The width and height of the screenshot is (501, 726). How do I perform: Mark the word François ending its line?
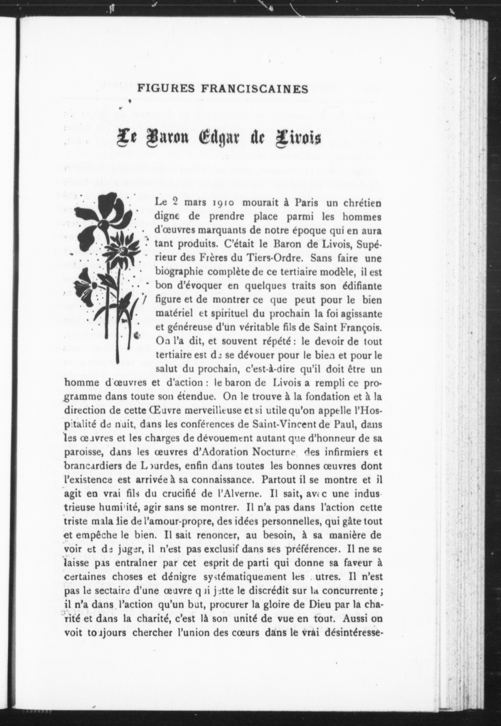point(362,327)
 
